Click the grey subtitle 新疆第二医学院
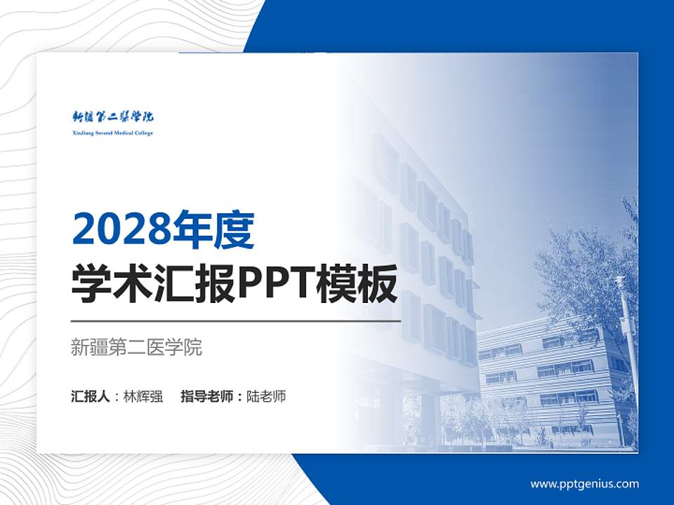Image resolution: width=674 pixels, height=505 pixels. coord(136,347)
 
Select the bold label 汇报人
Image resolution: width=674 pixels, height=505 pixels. coord(91,396)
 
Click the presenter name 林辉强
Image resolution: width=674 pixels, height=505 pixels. coord(143,396)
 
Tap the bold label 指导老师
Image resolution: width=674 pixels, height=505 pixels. coord(208,396)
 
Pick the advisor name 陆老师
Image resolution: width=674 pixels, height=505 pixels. coord(267,396)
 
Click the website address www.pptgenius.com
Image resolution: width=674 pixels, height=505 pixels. coord(584,484)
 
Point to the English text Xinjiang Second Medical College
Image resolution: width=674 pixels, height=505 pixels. coord(112,133)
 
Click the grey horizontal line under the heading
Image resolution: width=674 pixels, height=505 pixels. coord(235,321)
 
